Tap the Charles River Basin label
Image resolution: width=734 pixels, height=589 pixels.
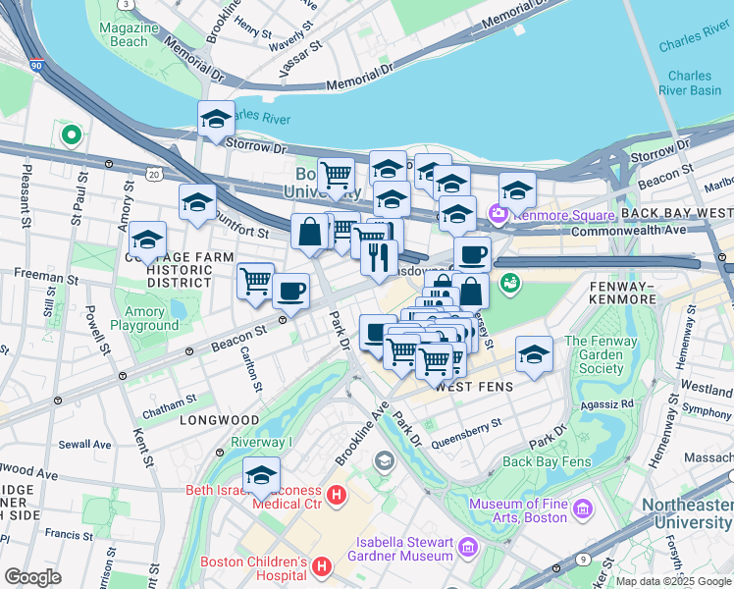point(690,82)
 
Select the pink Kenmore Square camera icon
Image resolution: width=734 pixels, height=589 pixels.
point(499,213)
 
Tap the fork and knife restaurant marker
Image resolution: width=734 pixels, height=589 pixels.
point(378,259)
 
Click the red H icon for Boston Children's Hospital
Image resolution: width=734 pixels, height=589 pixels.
point(319,565)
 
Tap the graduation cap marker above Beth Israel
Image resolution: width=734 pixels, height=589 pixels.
point(262,477)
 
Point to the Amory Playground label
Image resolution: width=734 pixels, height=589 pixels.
point(144,318)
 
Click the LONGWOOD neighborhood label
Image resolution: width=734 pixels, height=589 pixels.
point(205,420)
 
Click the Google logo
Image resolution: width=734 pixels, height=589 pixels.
point(32,577)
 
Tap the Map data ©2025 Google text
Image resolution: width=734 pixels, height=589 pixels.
point(672,581)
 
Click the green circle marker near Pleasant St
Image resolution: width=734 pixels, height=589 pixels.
point(71,134)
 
